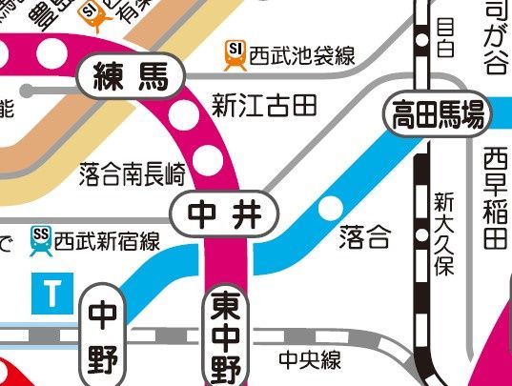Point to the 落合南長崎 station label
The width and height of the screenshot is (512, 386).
133,173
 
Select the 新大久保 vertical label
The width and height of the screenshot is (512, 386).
443,235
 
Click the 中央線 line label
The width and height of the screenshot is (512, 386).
310,360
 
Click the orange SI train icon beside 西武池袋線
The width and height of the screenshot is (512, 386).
234,54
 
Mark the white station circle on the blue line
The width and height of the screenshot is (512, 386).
330,207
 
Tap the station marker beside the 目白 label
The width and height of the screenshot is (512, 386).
420,40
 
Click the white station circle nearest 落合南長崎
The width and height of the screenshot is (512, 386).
204,155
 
